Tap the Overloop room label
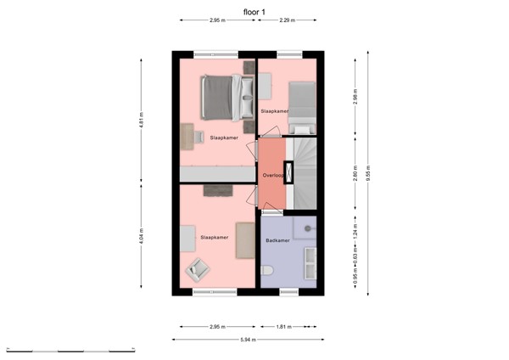pos(272,175)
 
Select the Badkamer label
pos(277,241)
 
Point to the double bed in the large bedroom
pos(226,96)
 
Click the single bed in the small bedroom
pos(301,105)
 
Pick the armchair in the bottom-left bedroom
pos(198,269)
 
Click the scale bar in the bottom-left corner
pos(71,350)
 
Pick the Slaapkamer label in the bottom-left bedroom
pos(214,238)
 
